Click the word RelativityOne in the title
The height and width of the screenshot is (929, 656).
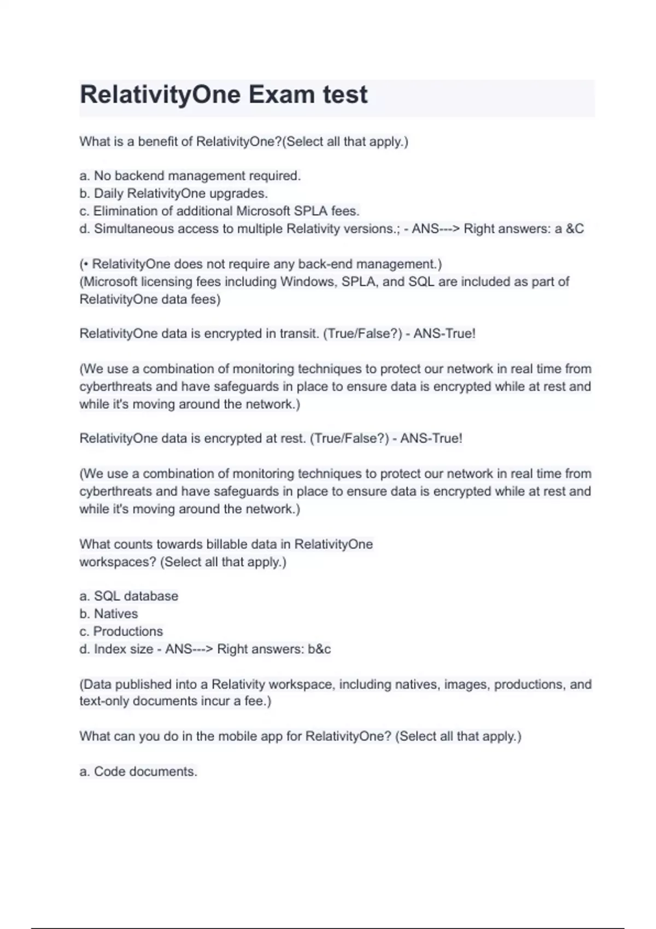pyautogui.click(x=160, y=95)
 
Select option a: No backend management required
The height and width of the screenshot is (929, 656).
pyautogui.click(x=190, y=176)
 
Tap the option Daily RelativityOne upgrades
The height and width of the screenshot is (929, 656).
pyautogui.click(x=173, y=193)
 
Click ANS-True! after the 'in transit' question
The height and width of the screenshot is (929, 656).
pyautogui.click(x=444, y=333)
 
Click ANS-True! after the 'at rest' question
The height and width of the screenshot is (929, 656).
pyautogui.click(x=431, y=438)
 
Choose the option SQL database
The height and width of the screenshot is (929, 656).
pyautogui.click(x=129, y=596)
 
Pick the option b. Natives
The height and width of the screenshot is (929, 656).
pyautogui.click(x=108, y=614)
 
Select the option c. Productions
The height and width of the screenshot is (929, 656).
pyautogui.click(x=121, y=631)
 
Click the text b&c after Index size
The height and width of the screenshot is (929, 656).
pyautogui.click(x=319, y=649)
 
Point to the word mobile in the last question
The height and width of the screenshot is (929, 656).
pyautogui.click(x=237, y=736)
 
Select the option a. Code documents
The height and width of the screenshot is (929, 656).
pyautogui.click(x=138, y=772)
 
